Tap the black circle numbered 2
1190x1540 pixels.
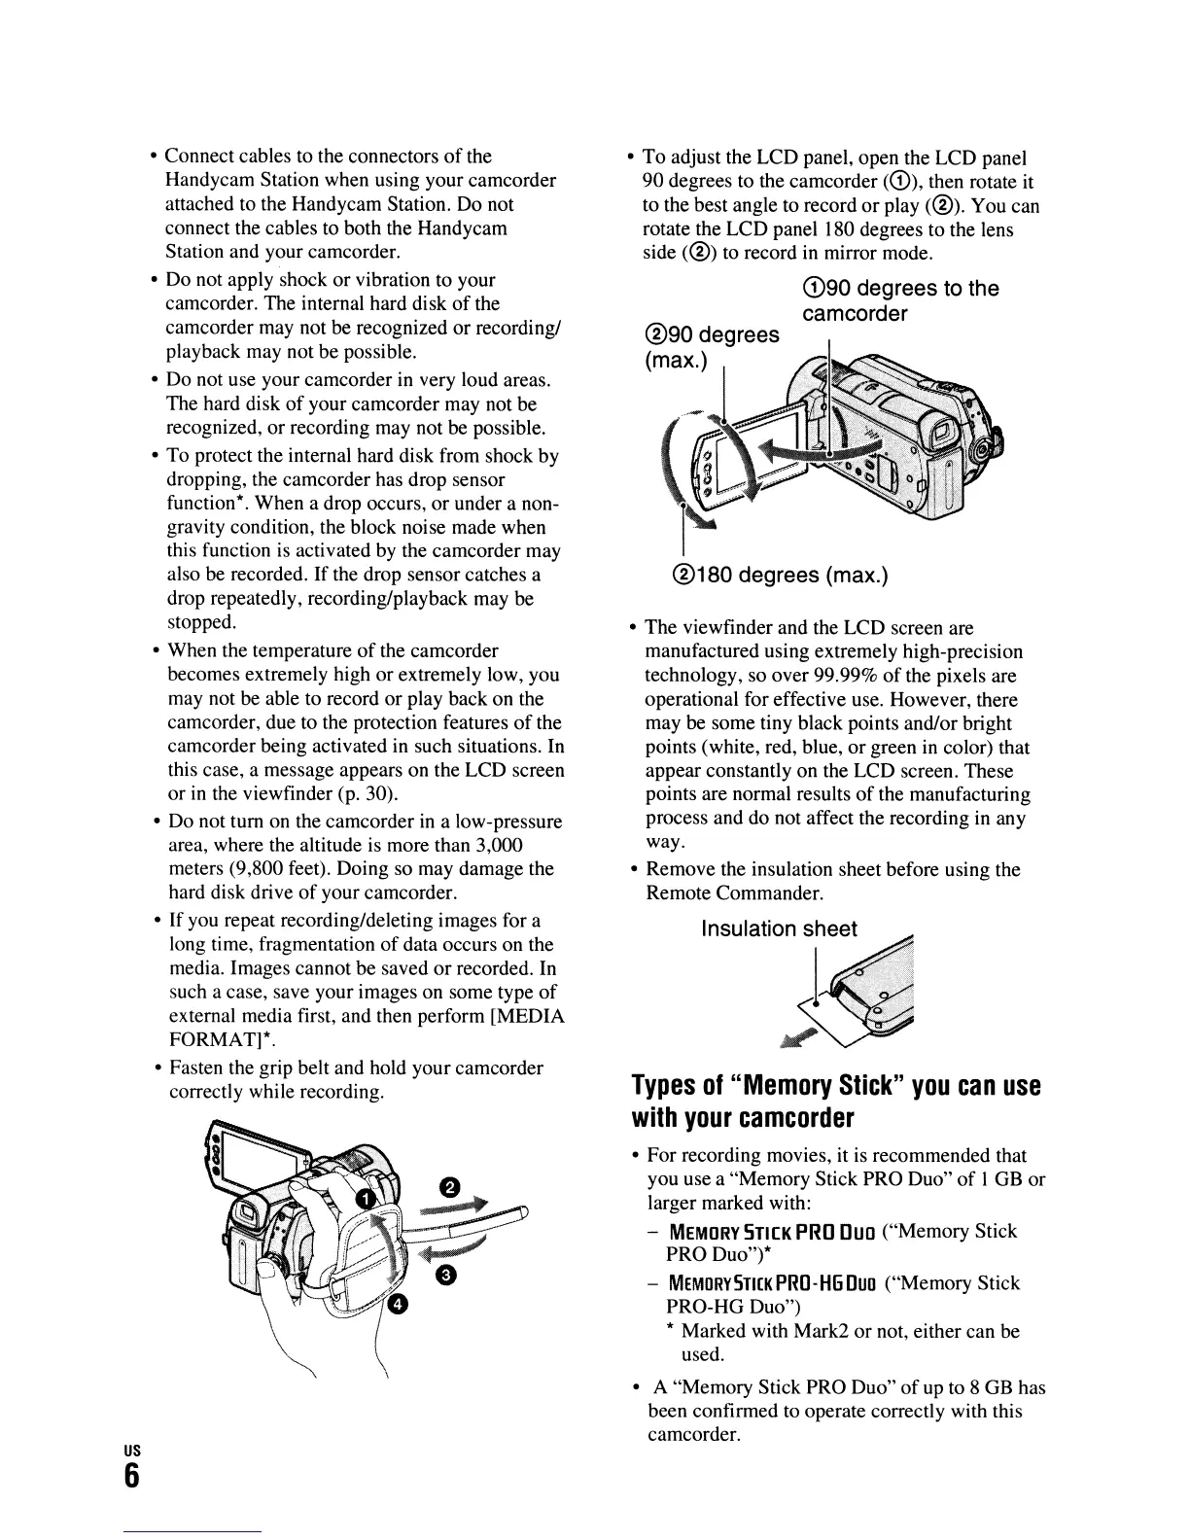[x=448, y=1187]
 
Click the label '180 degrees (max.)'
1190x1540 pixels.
[x=775, y=575]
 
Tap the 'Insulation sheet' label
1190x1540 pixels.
[x=779, y=929]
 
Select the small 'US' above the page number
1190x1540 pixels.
[x=130, y=1449]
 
